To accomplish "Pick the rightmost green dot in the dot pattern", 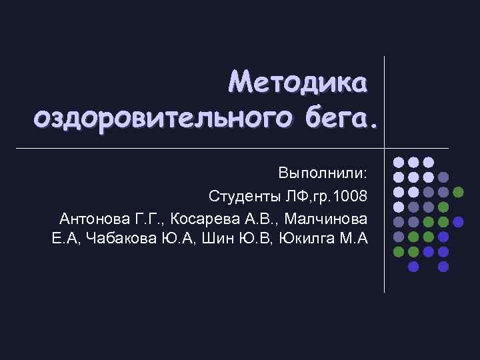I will pos(458,192).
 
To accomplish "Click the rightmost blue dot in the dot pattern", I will pos(458,221).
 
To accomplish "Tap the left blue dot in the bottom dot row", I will pos(413,267).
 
